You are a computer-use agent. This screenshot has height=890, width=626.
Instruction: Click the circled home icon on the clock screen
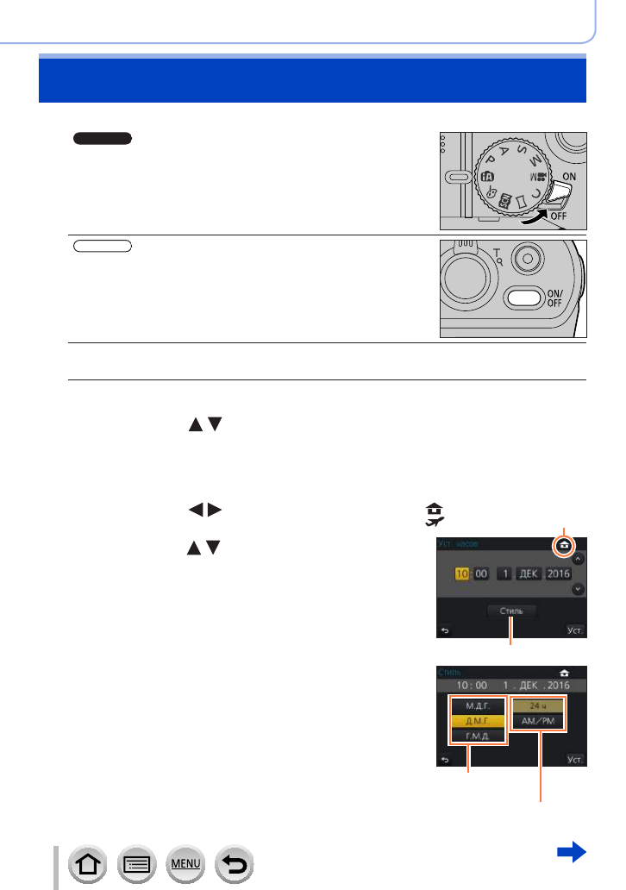(x=564, y=545)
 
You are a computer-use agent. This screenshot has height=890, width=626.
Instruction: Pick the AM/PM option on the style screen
(x=540, y=721)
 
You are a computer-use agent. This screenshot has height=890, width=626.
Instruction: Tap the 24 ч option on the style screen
(x=540, y=705)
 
